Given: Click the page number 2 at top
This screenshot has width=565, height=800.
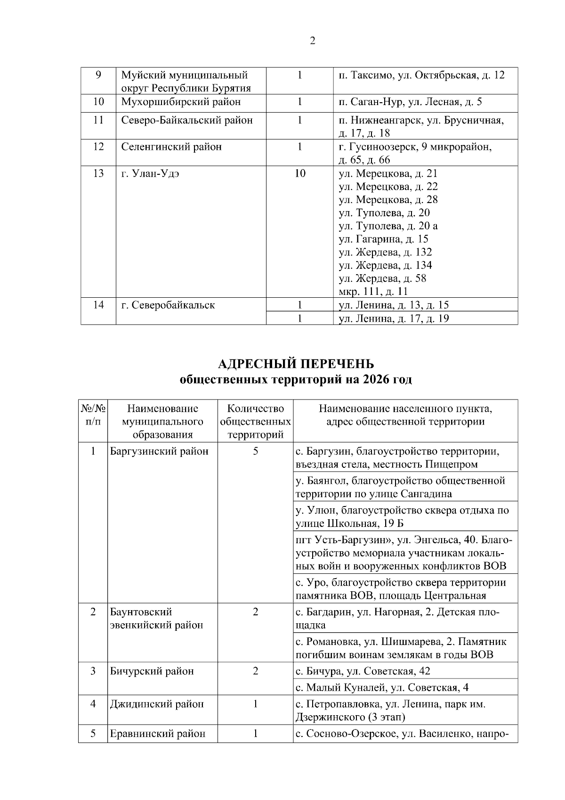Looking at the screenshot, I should tap(312, 41).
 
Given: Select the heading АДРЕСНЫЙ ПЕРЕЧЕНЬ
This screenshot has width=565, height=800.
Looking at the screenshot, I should tap(296, 364).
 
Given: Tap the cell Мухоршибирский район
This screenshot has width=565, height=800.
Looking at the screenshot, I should tap(181, 102).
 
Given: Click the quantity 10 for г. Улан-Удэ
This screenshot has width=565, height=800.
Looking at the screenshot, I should tap(299, 173).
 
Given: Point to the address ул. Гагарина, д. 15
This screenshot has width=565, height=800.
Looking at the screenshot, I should tap(383, 239).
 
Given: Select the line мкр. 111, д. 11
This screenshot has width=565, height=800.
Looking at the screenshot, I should tap(373, 292).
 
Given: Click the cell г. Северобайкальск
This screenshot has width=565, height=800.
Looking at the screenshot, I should tap(168, 305).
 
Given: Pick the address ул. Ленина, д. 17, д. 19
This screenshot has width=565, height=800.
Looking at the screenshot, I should tap(394, 318).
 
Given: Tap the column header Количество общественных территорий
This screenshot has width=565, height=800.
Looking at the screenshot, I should tap(255, 421).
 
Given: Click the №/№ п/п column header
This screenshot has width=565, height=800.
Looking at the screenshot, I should tap(93, 415).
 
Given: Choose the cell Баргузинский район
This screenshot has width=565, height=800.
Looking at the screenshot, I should tap(159, 451).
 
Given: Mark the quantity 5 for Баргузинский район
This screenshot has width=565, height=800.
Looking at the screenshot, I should tap(255, 451).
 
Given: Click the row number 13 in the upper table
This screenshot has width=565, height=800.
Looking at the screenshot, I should tap(98, 173).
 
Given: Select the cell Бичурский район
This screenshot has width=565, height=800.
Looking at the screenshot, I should tap(152, 671).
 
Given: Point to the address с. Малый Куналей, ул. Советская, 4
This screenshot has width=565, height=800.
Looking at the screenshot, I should tap(382, 687).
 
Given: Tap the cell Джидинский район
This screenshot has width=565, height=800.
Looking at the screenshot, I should tap(157, 704).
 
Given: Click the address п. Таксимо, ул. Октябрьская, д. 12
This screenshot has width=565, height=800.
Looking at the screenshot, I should tap(421, 75).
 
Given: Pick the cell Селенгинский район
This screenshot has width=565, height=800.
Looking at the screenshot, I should tap(171, 147).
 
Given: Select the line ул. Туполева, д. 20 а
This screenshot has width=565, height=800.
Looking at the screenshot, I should tap(388, 226).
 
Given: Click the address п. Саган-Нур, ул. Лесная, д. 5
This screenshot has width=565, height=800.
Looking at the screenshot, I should tap(410, 102).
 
